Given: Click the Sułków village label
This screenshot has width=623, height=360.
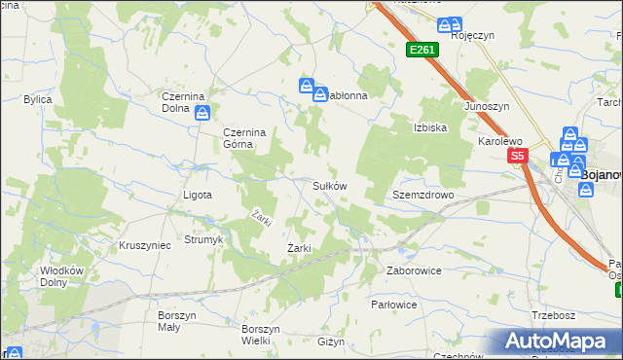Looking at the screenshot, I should [329, 185].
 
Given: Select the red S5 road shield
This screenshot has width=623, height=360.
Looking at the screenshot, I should [516, 156].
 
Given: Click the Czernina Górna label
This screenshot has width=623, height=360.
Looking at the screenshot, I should [238, 138].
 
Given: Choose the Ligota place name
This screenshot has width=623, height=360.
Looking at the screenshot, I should [198, 195].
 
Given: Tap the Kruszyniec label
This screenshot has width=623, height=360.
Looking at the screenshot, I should [144, 245].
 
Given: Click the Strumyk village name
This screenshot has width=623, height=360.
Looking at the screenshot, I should [204, 239].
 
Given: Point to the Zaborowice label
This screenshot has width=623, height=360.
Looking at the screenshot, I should [414, 270].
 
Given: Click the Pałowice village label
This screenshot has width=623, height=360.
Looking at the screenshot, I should [393, 305].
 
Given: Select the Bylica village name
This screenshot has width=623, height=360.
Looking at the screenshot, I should [38, 99].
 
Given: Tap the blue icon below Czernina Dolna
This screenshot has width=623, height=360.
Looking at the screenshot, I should [202, 114].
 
